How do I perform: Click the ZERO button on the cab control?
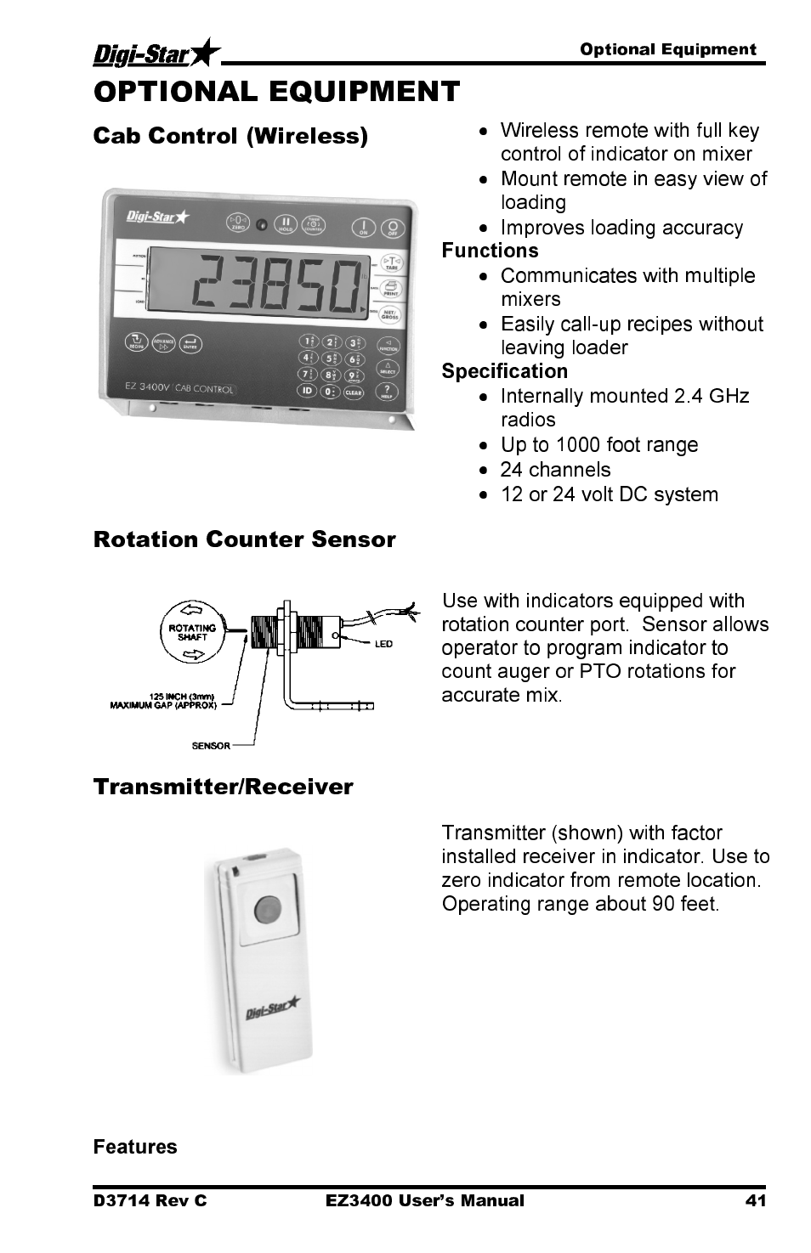pyautogui.click(x=238, y=223)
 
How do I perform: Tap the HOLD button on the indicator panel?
pyautogui.click(x=286, y=223)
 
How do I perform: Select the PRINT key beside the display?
pyautogui.click(x=392, y=289)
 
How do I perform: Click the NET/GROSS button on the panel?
pyautogui.click(x=390, y=314)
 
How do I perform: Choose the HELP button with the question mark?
pyautogui.click(x=388, y=391)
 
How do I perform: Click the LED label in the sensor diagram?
pyautogui.click(x=383, y=643)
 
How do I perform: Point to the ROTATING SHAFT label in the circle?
pyautogui.click(x=192, y=633)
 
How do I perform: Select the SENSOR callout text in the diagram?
pyautogui.click(x=210, y=746)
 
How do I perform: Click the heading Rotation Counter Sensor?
pyautogui.click(x=245, y=539)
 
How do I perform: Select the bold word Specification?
pyautogui.click(x=504, y=371)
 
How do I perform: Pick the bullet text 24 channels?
pyautogui.click(x=555, y=470)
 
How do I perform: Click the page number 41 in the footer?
pyautogui.click(x=756, y=1200)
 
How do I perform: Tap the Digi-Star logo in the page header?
pyautogui.click(x=156, y=55)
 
